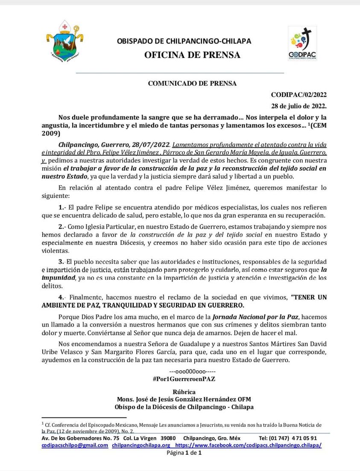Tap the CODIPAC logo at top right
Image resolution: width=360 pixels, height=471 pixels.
pyautogui.click(x=302, y=44)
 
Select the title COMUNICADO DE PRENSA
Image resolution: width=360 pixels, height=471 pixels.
pyautogui.click(x=192, y=84)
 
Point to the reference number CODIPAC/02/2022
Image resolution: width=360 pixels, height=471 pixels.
pyautogui.click(x=299, y=95)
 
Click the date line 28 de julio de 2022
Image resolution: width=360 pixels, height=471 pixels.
pyautogui.click(x=299, y=106)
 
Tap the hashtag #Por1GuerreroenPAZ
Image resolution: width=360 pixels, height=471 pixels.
pyautogui.click(x=184, y=379)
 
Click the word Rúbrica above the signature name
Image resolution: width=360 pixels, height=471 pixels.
pyautogui.click(x=184, y=392)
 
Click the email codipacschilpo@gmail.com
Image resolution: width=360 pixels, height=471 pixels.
pyautogui.click(x=75, y=445)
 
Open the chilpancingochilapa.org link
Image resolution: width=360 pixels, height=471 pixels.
pyautogui.click(x=141, y=445)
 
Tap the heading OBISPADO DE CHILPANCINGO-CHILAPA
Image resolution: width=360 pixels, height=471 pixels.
pyautogui.click(x=184, y=41)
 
